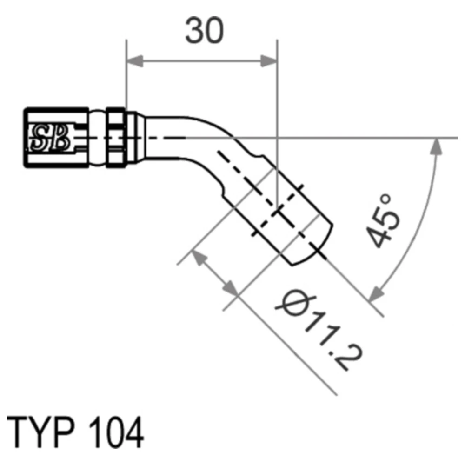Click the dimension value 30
(x=204, y=30)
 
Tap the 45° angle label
(x=383, y=221)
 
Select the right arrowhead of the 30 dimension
(x=269, y=61)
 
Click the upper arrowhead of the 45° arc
(x=437, y=146)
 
